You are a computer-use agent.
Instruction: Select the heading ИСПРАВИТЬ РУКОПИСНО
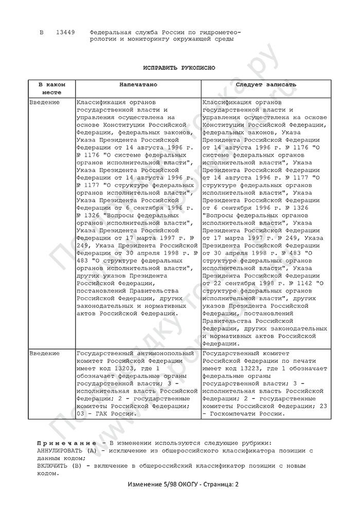click(x=179, y=68)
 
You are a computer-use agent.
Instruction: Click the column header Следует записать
click(x=265, y=84)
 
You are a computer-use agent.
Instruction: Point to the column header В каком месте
click(x=52, y=88)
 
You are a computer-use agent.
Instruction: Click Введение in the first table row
click(x=45, y=102)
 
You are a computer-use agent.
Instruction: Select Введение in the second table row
click(x=45, y=353)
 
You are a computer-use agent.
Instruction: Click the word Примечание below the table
click(x=66, y=443)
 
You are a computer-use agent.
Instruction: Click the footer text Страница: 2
click(x=219, y=484)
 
